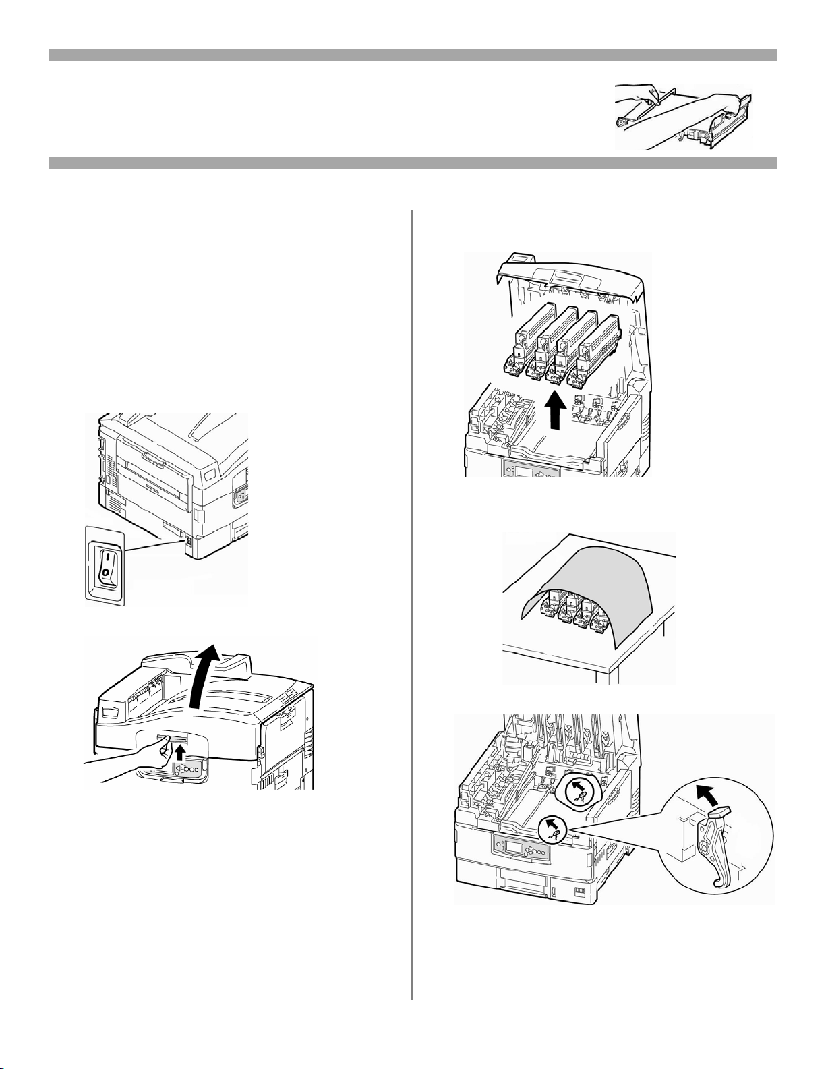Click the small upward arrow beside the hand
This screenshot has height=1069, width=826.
pos(180,750)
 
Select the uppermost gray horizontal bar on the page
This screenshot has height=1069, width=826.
pos(413,55)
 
